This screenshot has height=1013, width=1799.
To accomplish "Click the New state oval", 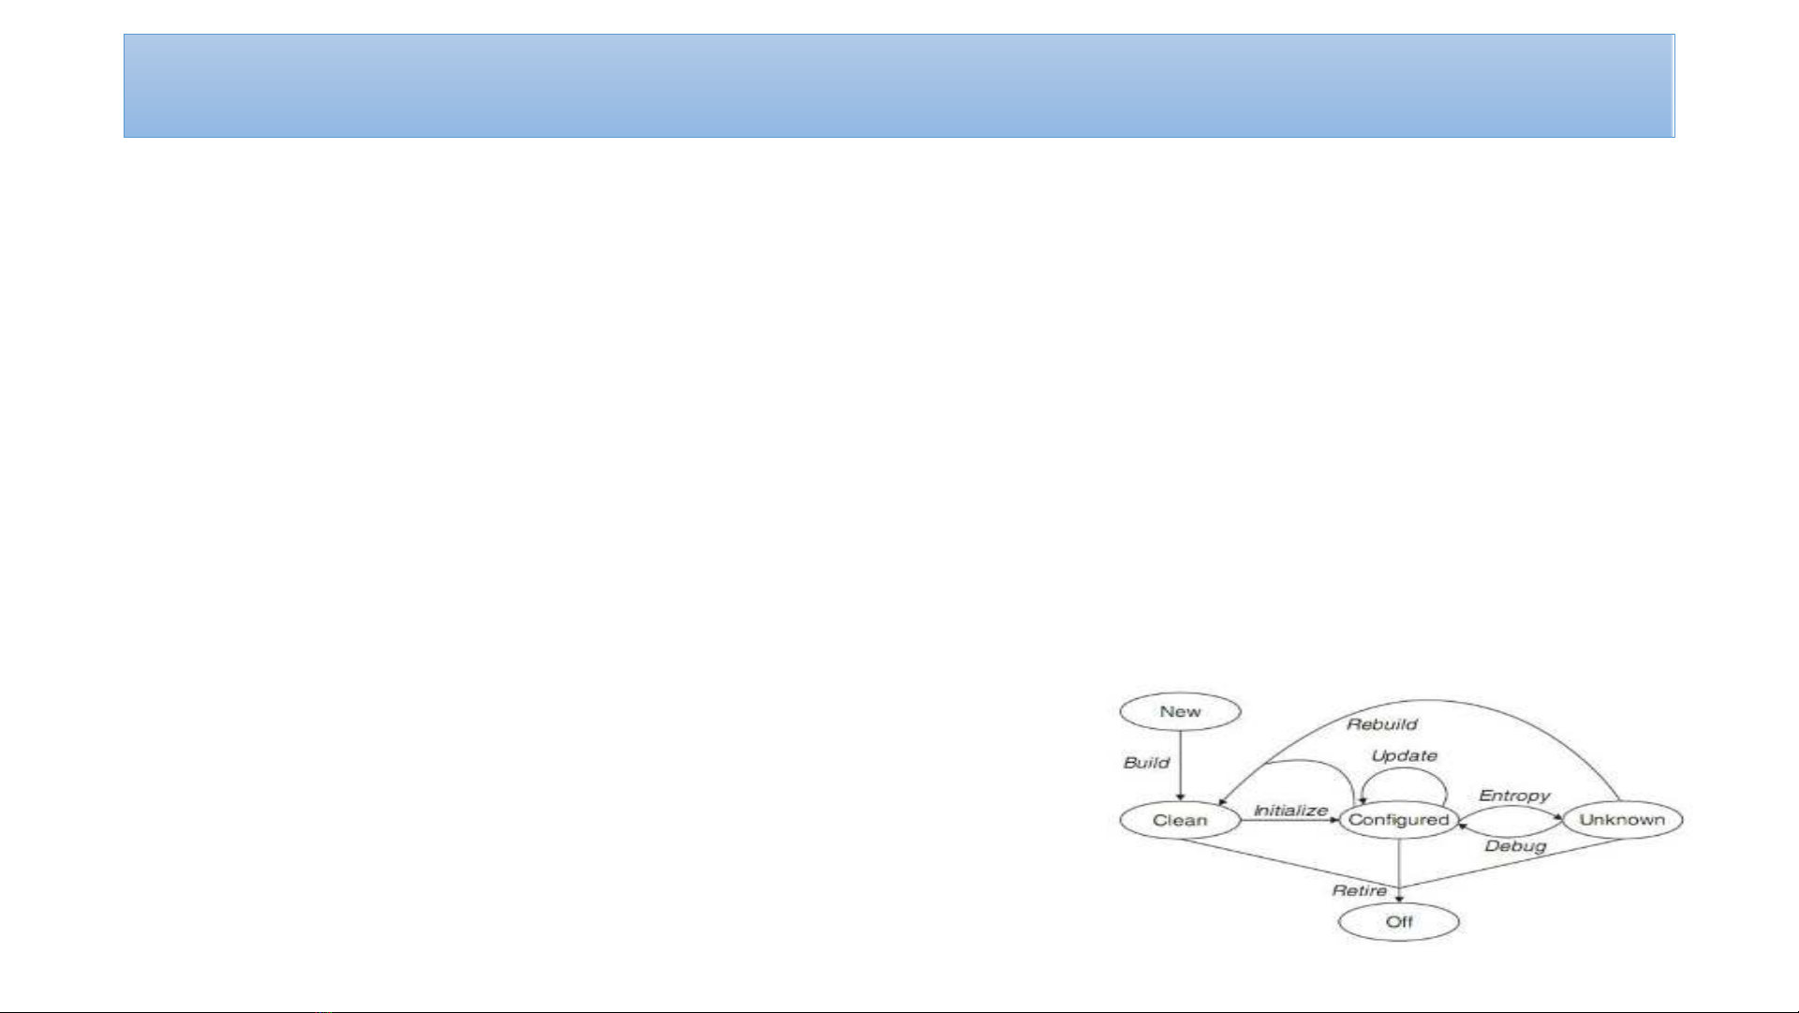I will click(1180, 712).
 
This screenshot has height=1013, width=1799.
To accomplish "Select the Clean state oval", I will click(1180, 821).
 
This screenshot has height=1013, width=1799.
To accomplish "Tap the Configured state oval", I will click(1398, 820).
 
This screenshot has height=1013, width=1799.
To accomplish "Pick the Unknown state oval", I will click(1622, 820).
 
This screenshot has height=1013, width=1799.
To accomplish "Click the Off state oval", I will click(1398, 922).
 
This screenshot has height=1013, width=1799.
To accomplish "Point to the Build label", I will click(1146, 763).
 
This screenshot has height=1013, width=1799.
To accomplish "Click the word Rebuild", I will click(1381, 724).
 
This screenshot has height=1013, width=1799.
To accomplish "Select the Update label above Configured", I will click(1404, 756).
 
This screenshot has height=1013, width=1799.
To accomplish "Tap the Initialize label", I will click(1290, 811).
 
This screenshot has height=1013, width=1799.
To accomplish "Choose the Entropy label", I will click(1514, 796).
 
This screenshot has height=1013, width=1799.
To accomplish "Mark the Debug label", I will click(1515, 846).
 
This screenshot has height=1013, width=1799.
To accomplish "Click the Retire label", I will click(1359, 890).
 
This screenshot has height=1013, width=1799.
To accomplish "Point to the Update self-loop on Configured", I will click(1404, 770).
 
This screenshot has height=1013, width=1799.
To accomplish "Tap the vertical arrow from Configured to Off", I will click(1399, 867).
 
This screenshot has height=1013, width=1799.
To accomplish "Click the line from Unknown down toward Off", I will click(1517, 862).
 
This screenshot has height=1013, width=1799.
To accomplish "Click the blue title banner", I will click(899, 86).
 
